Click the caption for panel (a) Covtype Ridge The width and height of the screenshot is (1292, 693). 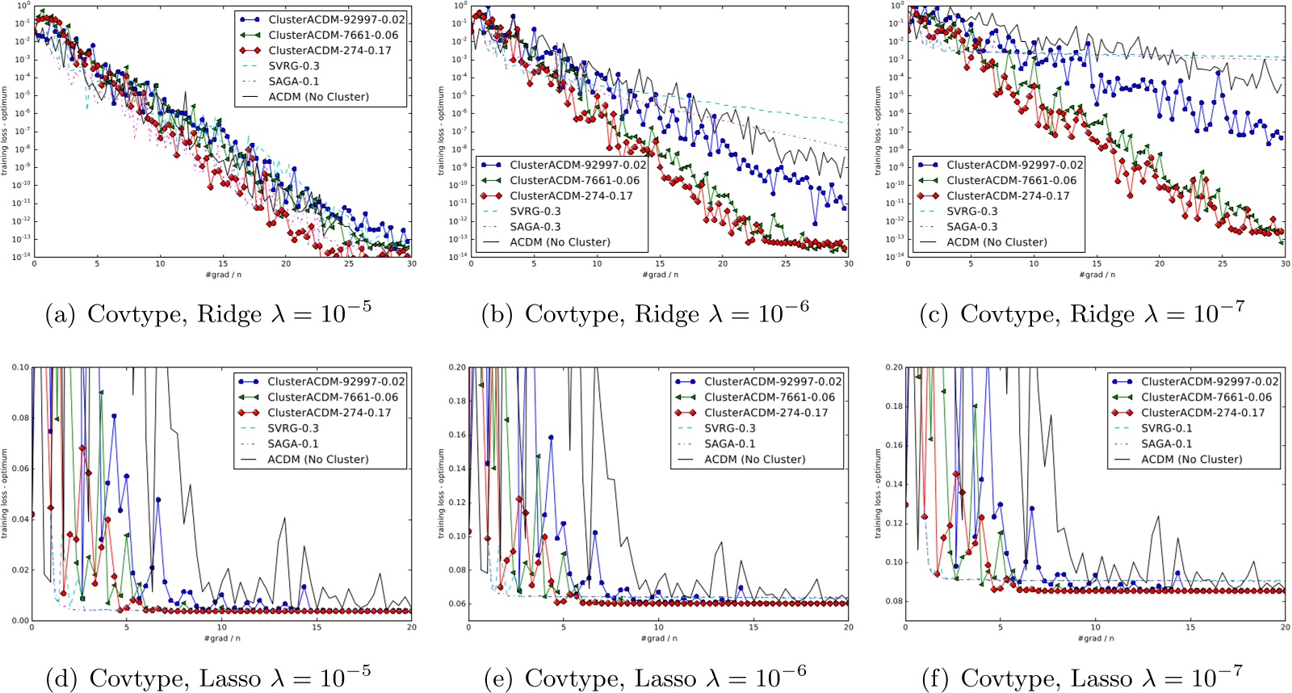click(x=208, y=313)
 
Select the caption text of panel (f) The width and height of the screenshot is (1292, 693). click(x=1082, y=677)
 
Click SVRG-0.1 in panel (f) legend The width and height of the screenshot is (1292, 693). click(x=1166, y=428)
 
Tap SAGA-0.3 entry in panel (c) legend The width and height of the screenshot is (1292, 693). click(x=971, y=227)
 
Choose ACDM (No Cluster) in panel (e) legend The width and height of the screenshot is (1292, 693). click(x=754, y=459)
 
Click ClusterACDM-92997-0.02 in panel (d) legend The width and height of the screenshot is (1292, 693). click(x=336, y=381)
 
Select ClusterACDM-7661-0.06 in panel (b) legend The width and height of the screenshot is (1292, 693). click(x=574, y=180)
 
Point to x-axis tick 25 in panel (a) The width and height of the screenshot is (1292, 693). click(x=349, y=264)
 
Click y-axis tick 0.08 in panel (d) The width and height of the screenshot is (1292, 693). click(x=21, y=418)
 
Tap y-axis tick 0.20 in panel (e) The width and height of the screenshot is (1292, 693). click(x=458, y=367)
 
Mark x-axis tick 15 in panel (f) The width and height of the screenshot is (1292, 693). click(x=1190, y=627)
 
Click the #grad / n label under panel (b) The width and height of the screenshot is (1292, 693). click(x=660, y=275)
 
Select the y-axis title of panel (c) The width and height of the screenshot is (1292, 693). click(x=879, y=131)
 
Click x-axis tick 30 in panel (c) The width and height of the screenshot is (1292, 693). click(x=1285, y=264)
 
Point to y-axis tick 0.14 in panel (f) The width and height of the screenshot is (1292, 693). click(x=894, y=484)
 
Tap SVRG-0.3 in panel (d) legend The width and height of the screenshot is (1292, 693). click(x=293, y=428)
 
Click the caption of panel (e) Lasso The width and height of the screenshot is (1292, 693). click(x=645, y=677)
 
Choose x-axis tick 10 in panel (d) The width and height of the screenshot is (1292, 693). click(x=221, y=627)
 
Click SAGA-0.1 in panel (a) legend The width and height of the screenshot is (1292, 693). click(x=293, y=81)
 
